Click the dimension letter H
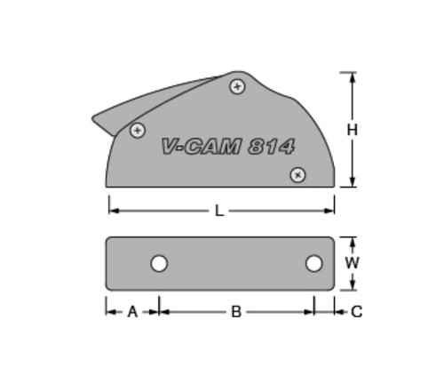[353, 130]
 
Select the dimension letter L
[218, 212]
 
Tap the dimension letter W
[353, 263]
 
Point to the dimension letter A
[132, 312]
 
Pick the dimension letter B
[236, 312]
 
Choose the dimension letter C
[357, 312]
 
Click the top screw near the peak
[237, 87]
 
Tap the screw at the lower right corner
[297, 175]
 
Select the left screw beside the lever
[138, 131]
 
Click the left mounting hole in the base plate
[159, 263]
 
